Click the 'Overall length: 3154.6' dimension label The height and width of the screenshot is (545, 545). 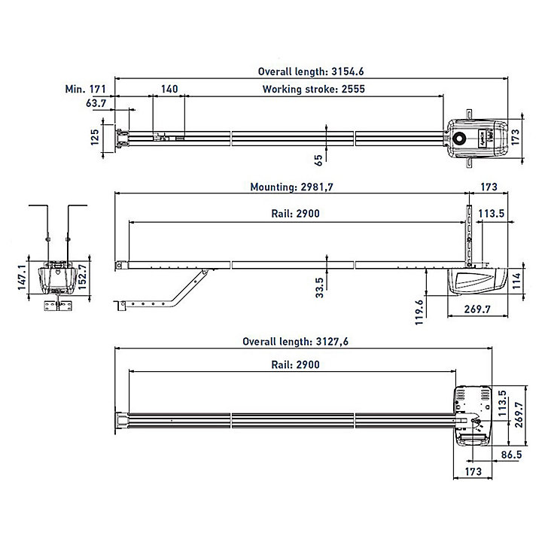point(311,72)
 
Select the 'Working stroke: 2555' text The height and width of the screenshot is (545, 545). point(313,89)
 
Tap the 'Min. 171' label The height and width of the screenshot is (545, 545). point(86,89)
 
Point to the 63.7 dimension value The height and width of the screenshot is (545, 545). point(96,103)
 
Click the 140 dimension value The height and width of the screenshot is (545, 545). point(169,89)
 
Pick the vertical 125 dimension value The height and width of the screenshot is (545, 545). point(95,137)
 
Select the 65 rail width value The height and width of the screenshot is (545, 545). point(318,160)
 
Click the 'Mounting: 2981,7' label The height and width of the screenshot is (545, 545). point(291,187)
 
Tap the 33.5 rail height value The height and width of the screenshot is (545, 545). point(319,288)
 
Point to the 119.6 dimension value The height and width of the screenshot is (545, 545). point(419,312)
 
